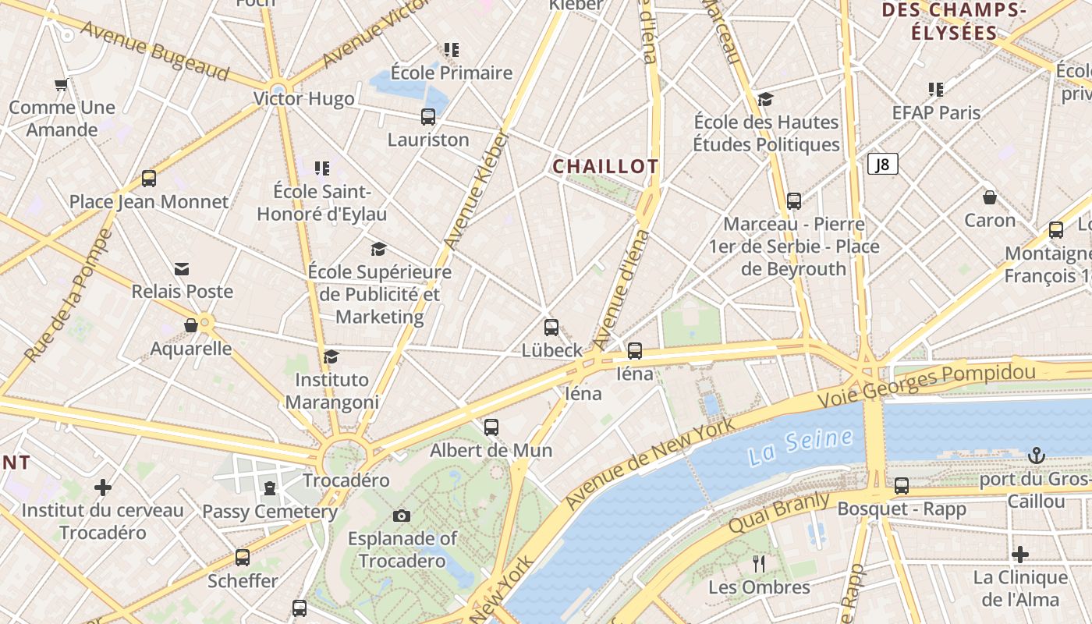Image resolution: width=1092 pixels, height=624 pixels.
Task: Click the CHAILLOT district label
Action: click(605, 166)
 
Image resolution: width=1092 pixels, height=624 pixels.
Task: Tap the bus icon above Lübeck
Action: click(551, 327)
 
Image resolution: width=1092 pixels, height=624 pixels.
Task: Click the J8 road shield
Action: click(882, 164)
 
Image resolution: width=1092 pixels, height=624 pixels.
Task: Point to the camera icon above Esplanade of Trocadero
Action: click(402, 516)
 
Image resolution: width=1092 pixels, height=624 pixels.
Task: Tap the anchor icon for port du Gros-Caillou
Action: click(1036, 455)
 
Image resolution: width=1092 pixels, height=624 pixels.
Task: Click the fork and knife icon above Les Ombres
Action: click(759, 563)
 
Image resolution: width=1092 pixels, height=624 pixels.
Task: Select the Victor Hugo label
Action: click(303, 99)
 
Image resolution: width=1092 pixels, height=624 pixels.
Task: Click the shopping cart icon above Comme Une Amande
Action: click(62, 84)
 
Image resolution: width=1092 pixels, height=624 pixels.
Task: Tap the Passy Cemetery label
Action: click(270, 512)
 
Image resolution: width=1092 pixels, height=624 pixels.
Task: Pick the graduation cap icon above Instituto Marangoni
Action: click(331, 356)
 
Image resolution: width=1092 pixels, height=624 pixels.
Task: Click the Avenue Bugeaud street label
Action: click(155, 51)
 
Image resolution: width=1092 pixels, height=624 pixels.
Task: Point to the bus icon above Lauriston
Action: click(428, 117)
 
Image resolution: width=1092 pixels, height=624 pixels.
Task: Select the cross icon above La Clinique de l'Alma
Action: click(1019, 555)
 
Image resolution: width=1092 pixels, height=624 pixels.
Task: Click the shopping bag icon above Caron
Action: click(989, 197)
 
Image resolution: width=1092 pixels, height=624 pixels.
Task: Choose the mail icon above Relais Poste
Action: click(182, 269)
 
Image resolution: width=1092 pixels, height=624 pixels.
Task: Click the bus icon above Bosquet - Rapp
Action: click(902, 486)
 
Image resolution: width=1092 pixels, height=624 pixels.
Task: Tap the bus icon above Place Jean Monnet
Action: click(149, 179)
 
